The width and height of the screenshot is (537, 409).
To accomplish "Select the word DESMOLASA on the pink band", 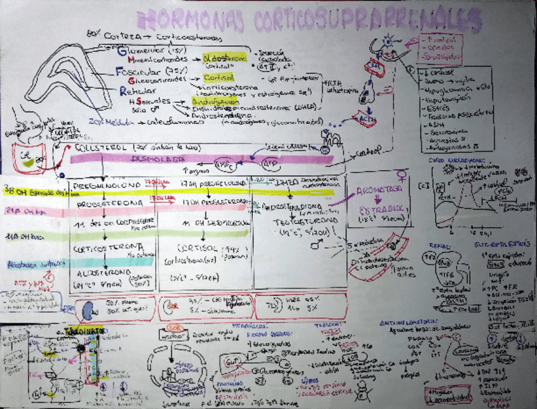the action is (x=168, y=158).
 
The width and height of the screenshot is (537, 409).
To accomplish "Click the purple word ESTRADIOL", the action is (x=383, y=210).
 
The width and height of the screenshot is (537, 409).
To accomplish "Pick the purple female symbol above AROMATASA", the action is (x=401, y=175).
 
